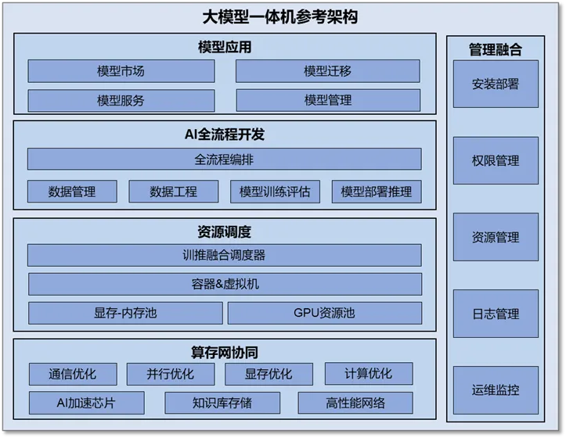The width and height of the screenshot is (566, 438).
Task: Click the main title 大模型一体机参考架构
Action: click(280, 17)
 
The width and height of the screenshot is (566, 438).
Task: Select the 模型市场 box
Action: click(121, 71)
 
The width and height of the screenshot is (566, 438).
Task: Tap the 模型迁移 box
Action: click(328, 71)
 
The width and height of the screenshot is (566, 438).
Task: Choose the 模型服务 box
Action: click(121, 100)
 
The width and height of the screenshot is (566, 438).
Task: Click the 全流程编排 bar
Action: click(224, 159)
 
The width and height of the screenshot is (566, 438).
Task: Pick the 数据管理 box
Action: click(72, 192)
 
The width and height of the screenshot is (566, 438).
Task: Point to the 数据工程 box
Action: click(174, 192)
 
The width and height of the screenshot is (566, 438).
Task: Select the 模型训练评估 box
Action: click(275, 192)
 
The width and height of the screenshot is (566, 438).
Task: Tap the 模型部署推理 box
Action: click(377, 192)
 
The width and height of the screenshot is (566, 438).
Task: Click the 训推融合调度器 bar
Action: click(224, 256)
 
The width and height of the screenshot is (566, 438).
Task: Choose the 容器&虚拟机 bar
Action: click(225, 284)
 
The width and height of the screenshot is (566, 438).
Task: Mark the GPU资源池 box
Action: click(325, 313)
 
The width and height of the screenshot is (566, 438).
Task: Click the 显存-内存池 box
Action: click(125, 313)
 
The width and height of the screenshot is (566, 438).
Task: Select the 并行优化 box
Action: click(171, 374)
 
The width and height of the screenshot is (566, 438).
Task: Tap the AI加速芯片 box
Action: click(87, 403)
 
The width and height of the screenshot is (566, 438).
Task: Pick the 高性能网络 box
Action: click(355, 403)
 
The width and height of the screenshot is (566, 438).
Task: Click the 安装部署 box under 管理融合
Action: click(496, 84)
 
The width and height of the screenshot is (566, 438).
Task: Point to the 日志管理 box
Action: click(496, 314)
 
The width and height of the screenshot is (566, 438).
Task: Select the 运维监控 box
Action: click(496, 390)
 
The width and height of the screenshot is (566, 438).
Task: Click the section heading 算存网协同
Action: click(225, 353)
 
